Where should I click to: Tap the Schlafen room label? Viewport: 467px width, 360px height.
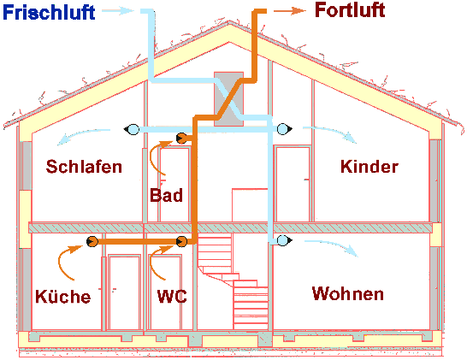pos(85,165)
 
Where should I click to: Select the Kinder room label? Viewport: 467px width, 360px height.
pos(369,166)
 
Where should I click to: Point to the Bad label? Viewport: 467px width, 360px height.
pos(166,196)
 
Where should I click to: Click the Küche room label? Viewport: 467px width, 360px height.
pos(62,297)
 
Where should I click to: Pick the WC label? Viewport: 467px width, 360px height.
pos(172,297)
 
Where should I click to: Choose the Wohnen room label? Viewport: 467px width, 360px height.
pos(347,294)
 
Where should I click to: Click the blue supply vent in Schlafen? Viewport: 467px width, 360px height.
pos(133,130)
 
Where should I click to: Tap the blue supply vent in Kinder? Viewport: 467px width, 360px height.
pos(282,130)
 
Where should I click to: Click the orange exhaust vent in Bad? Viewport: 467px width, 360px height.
pos(181,138)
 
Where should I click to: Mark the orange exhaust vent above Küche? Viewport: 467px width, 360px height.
pos(91,243)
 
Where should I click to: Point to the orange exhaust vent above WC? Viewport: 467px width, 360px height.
pos(181,243)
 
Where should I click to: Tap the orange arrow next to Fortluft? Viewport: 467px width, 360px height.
pos(290,11)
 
